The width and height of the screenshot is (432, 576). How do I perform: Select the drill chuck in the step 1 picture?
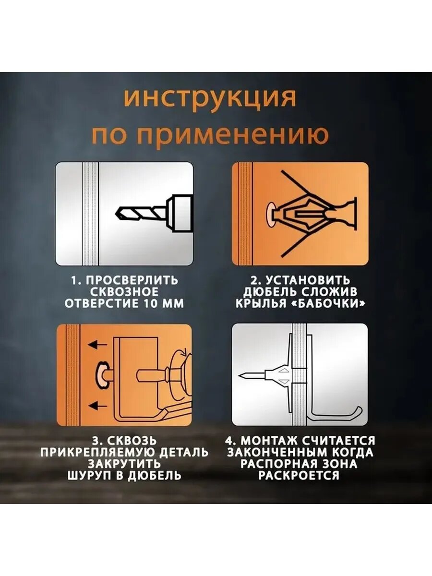point(180,213)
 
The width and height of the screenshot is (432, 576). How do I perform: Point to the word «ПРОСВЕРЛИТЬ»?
point(132,280)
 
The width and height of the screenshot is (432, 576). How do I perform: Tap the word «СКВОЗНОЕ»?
point(124,292)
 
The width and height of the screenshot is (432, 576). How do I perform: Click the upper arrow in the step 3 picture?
point(97,344)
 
